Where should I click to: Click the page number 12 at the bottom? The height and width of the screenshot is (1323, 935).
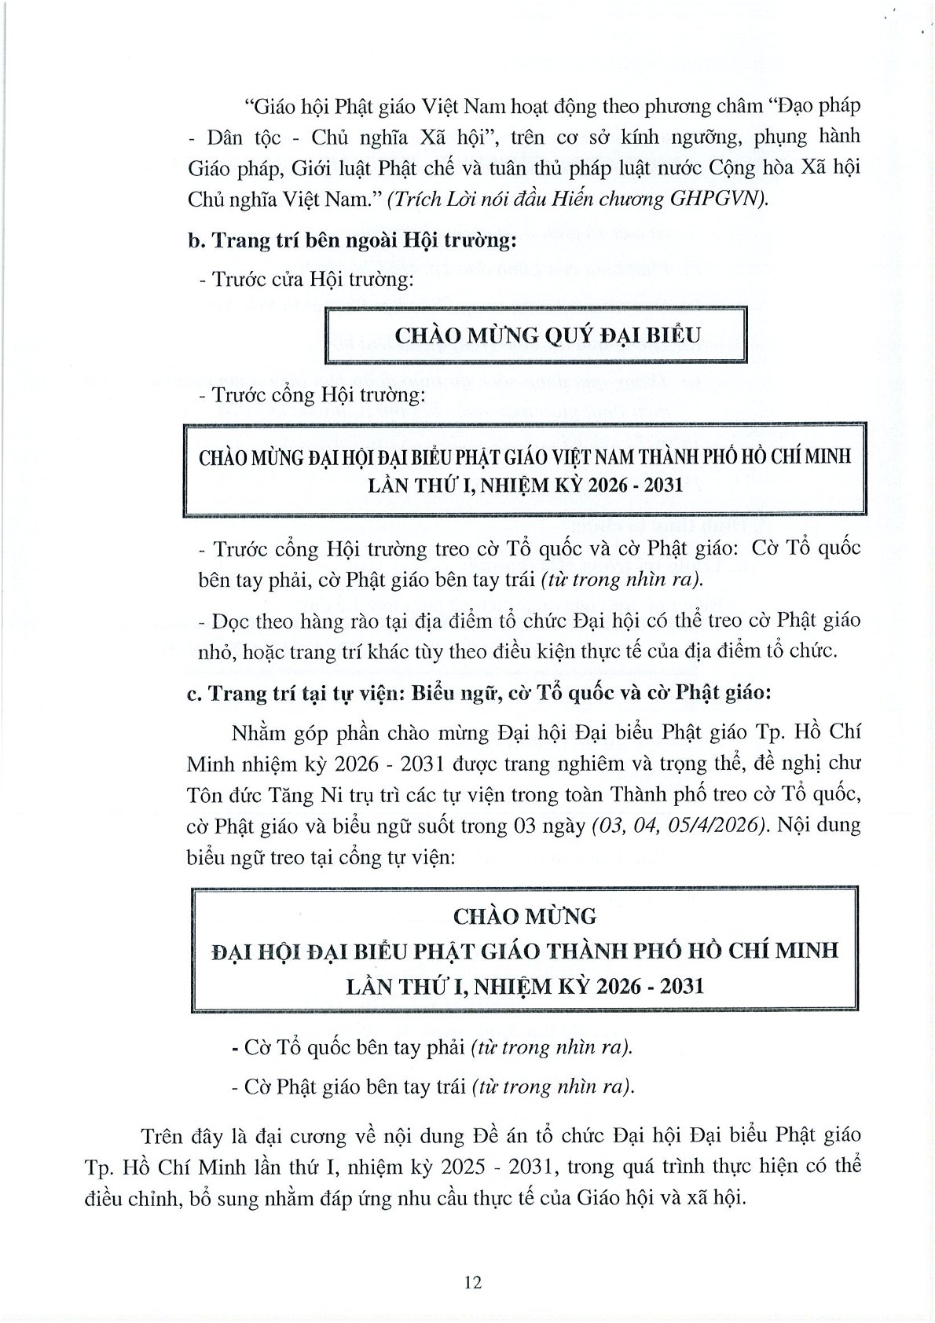pos(473,1283)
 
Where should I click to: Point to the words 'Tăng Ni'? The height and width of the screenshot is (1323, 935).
pos(297,794)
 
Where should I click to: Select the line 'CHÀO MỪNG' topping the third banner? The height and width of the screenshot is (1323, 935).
pos(526,915)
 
